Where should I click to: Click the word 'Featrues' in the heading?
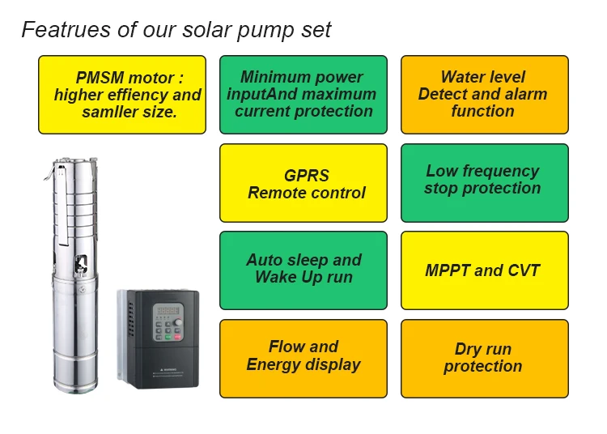click(x=55, y=30)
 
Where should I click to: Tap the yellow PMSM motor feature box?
click(x=127, y=95)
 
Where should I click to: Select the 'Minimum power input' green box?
click(x=303, y=95)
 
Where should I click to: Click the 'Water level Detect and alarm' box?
click(x=484, y=95)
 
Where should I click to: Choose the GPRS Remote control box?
click(x=303, y=183)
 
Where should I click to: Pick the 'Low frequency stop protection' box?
click(x=484, y=183)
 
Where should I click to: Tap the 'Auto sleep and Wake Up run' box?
click(x=303, y=270)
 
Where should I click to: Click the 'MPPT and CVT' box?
click(x=484, y=270)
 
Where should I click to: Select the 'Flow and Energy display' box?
click(x=303, y=357)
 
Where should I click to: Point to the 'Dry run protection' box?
click(x=484, y=357)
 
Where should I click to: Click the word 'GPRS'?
click(x=306, y=176)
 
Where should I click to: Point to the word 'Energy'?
click(x=274, y=365)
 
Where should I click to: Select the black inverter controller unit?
click(x=158, y=340)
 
